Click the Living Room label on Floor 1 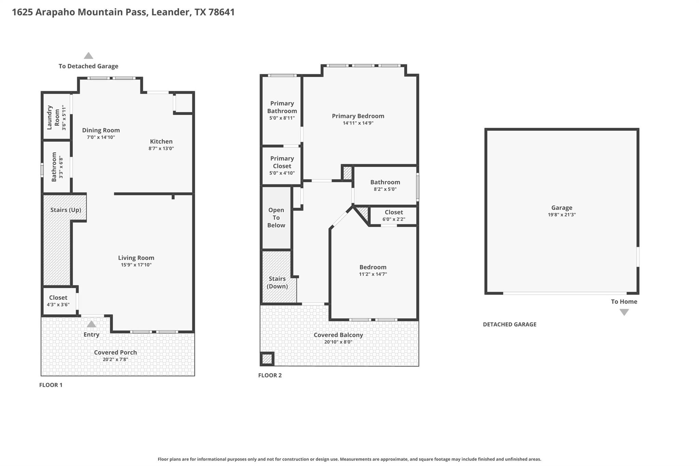pyautogui.click(x=136, y=258)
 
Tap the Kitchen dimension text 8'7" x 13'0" pyautogui.click(x=161, y=149)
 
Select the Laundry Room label pyautogui.click(x=53, y=117)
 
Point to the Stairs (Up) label pyautogui.click(x=66, y=210)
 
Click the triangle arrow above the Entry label pyautogui.click(x=91, y=324)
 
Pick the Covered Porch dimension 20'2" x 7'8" pyautogui.click(x=115, y=359)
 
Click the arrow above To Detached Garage pyautogui.click(x=88, y=55)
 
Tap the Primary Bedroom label pyautogui.click(x=358, y=116)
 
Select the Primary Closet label pyautogui.click(x=282, y=162)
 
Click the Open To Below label pyautogui.click(x=276, y=217)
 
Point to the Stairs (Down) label pyautogui.click(x=277, y=282)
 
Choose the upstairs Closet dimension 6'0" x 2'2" pyautogui.click(x=394, y=219)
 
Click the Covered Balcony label pyautogui.click(x=338, y=335)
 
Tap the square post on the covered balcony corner pyautogui.click(x=267, y=359)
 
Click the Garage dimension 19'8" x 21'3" pyautogui.click(x=562, y=215)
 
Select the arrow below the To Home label pyautogui.click(x=624, y=312)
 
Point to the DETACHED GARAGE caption pyautogui.click(x=510, y=324)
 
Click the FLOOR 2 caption pyautogui.click(x=270, y=375)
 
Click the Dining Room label pyautogui.click(x=101, y=130)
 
